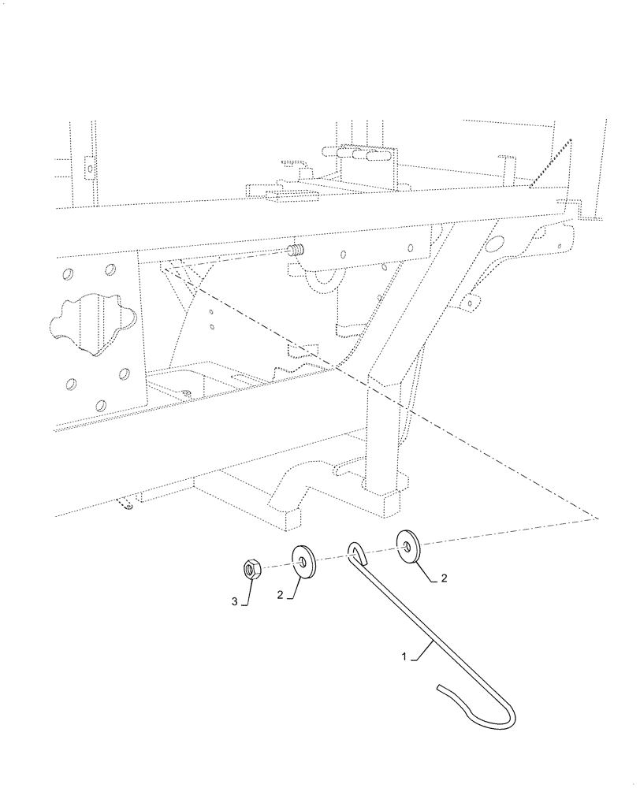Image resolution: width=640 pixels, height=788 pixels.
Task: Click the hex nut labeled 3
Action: coord(252,567)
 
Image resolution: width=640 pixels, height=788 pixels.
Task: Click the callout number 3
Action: coord(235,602)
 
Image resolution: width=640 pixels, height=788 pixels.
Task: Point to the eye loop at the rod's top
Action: coord(355,549)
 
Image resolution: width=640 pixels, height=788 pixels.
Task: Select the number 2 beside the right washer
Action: coord(444,578)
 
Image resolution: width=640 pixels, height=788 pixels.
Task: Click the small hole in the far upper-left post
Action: coord(89,167)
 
